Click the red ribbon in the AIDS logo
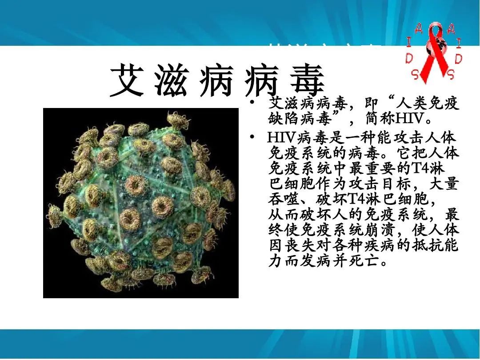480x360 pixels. (x=433, y=56)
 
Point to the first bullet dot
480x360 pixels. (x=252, y=104)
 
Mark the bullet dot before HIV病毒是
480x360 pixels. (x=252, y=137)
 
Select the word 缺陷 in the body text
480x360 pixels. (x=285, y=119)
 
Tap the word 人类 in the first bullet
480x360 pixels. (x=413, y=104)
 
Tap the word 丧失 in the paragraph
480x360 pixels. (x=301, y=245)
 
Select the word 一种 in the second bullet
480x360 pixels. (x=357, y=137)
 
